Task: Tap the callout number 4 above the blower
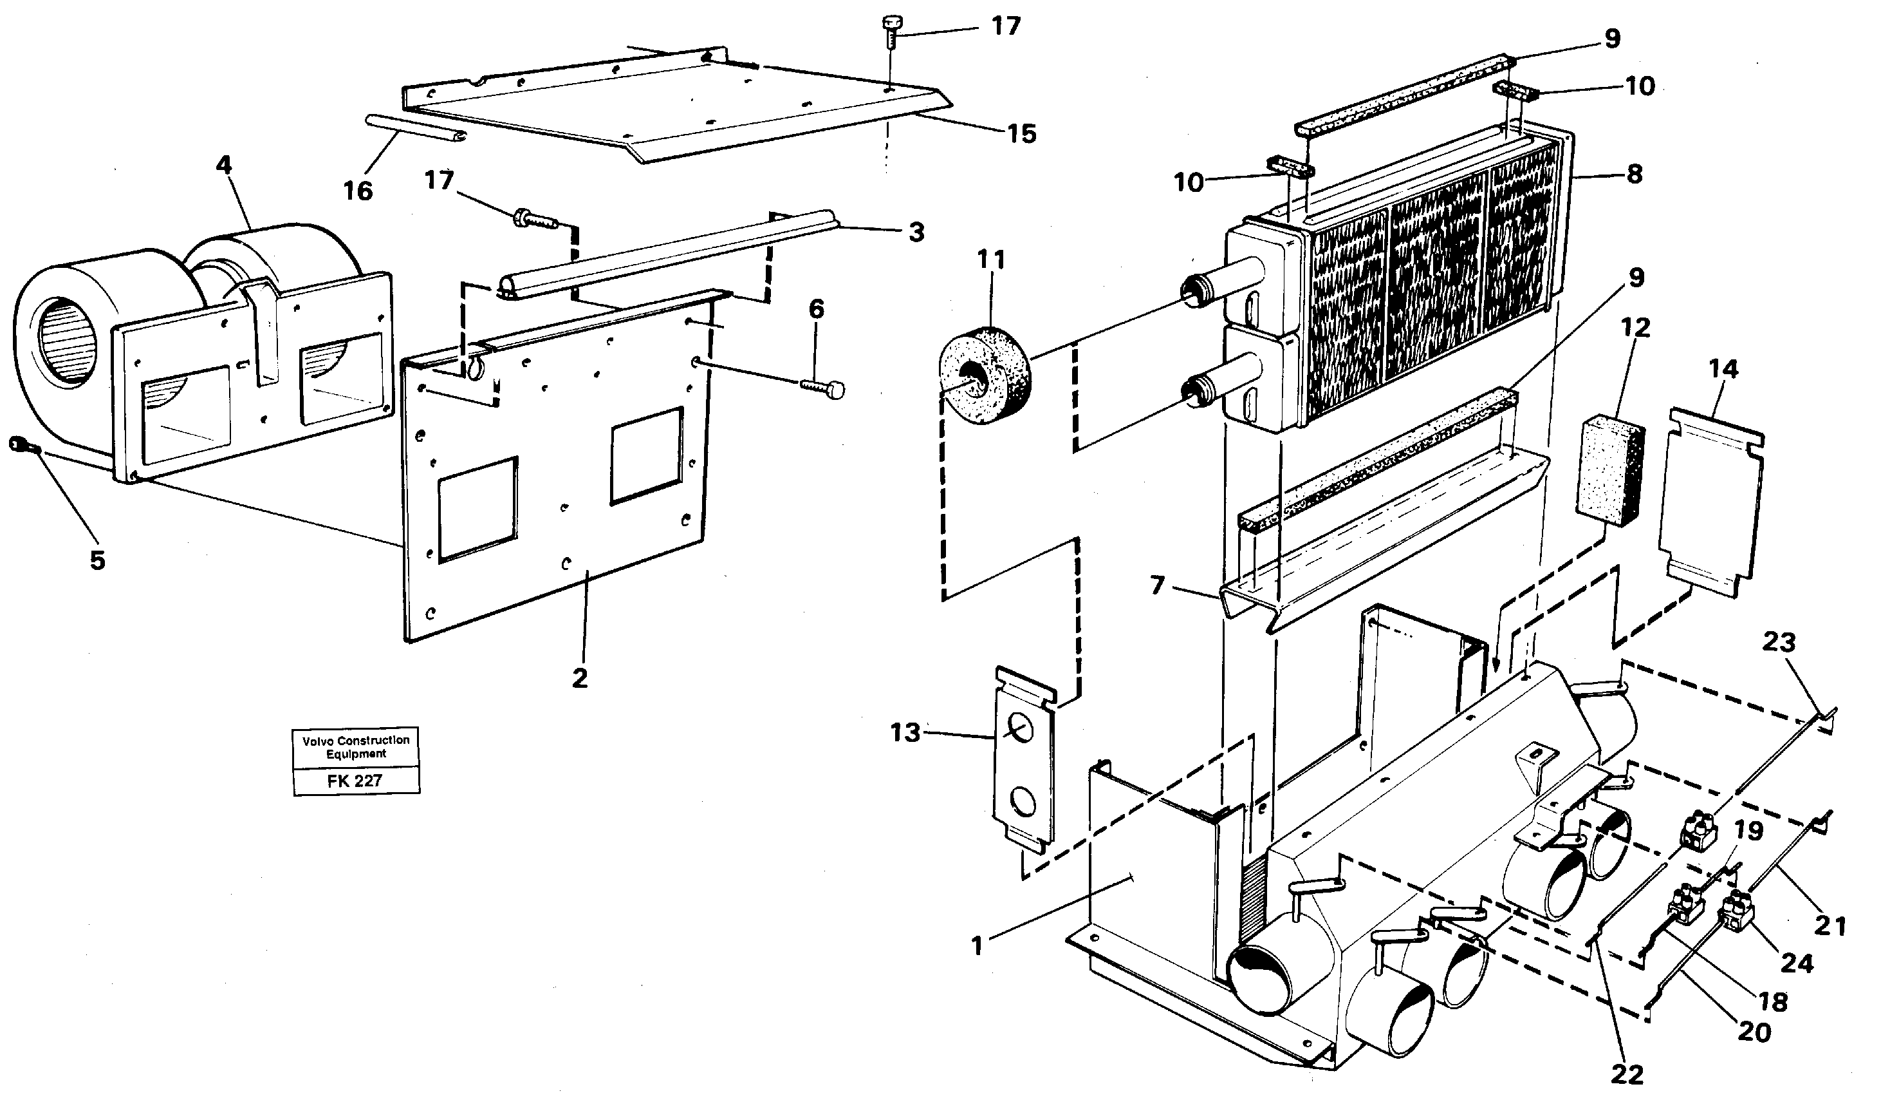point(224,164)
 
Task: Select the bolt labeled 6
point(824,388)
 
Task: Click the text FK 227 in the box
point(355,781)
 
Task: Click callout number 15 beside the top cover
point(1022,135)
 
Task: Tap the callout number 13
point(905,734)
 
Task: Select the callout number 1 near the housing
point(976,947)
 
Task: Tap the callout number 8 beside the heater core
point(1634,175)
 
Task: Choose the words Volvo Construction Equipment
point(356,747)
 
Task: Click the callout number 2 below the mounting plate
point(580,678)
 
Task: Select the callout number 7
point(1158,585)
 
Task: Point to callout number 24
point(1797,963)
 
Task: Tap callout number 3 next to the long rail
point(916,232)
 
